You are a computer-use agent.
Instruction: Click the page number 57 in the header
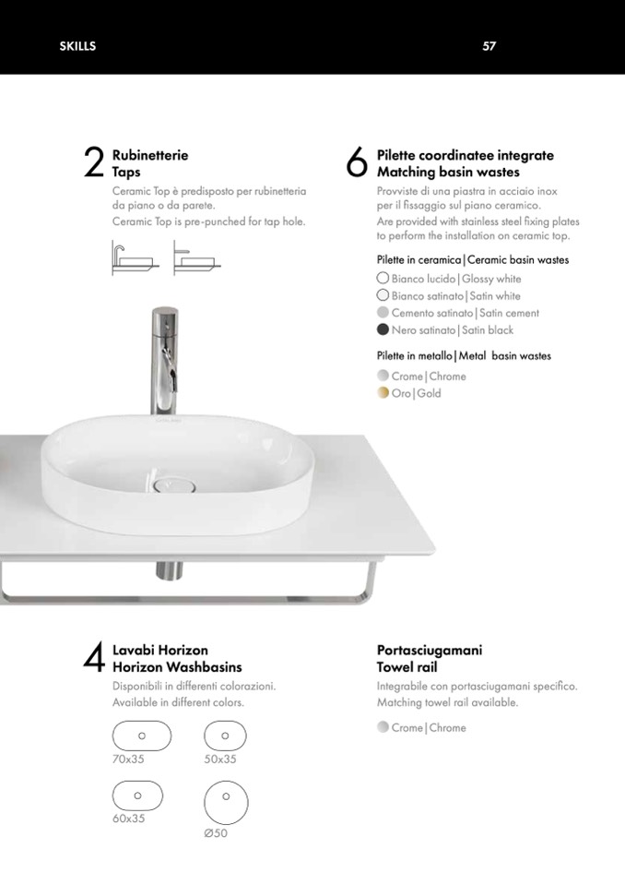[489, 46]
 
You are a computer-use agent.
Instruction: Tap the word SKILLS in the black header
[77, 46]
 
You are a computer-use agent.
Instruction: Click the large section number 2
[93, 162]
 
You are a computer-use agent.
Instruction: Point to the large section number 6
[356, 162]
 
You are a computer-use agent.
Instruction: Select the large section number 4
[93, 657]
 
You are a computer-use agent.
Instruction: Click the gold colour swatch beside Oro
[383, 393]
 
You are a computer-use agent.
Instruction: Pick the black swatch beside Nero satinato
[383, 329]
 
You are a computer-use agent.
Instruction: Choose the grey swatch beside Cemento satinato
[383, 312]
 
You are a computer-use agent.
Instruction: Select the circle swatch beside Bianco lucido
[383, 278]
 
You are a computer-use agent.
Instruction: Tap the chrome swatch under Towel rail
[383, 727]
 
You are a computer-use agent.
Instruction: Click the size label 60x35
[128, 819]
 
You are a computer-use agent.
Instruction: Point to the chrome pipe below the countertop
[169, 569]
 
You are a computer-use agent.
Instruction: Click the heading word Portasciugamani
[430, 651]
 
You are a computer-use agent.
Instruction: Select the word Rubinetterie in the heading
[150, 155]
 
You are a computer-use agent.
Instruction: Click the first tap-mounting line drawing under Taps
[136, 258]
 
